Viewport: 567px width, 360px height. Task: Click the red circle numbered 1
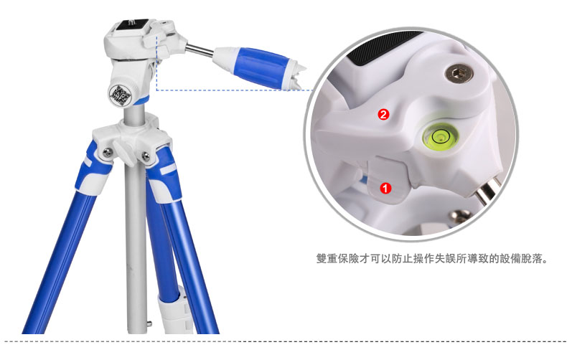click(x=385, y=188)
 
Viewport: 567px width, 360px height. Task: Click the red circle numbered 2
click(x=383, y=115)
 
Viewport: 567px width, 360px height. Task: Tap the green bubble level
click(x=441, y=137)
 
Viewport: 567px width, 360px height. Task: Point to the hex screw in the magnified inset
click(x=459, y=74)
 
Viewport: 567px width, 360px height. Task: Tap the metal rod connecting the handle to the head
click(x=200, y=50)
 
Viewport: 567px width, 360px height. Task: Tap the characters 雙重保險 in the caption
click(x=337, y=259)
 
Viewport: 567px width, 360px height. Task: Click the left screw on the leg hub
click(x=107, y=153)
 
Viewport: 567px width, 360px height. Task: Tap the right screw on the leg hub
click(x=146, y=156)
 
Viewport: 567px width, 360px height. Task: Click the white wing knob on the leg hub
click(x=123, y=153)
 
